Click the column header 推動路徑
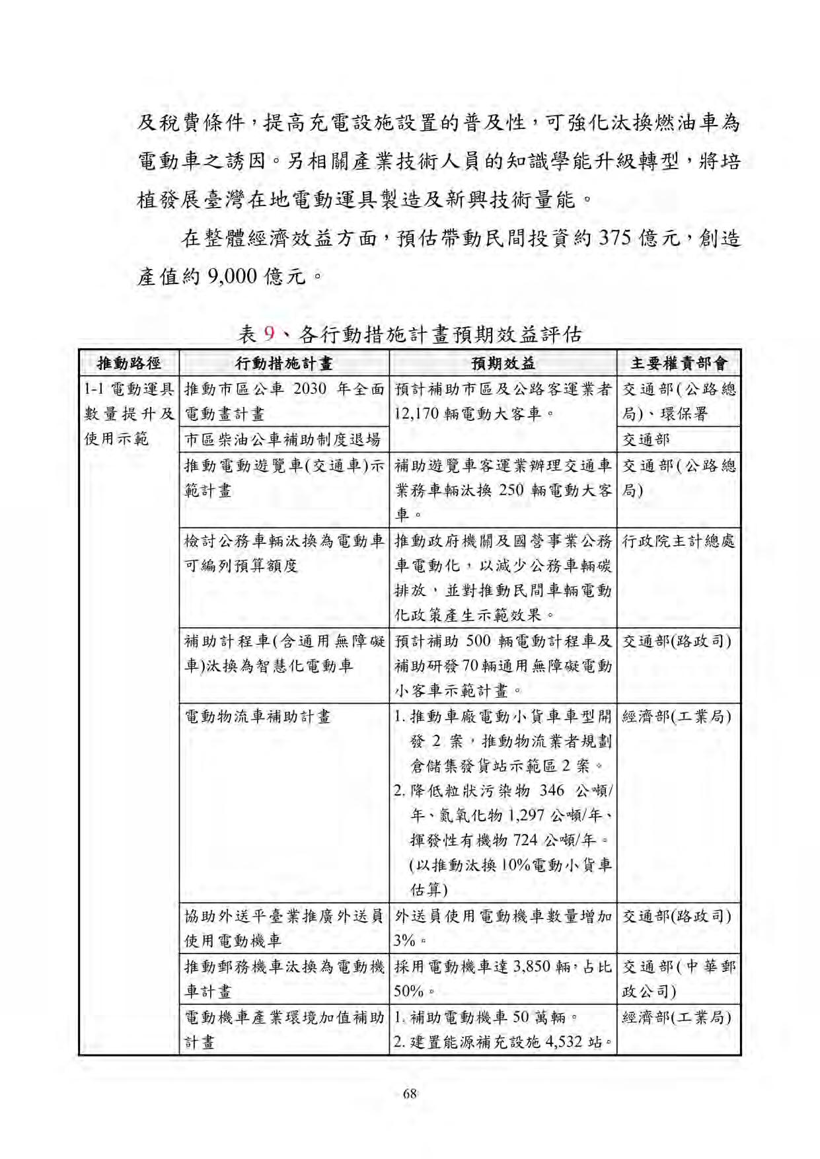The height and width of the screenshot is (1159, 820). click(129, 363)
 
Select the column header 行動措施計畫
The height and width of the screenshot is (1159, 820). click(284, 363)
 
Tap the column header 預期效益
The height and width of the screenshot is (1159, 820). click(503, 363)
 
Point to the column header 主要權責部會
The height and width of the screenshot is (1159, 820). click(679, 363)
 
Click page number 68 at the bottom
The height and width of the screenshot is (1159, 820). click(410, 1094)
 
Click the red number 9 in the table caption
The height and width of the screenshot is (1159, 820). click(268, 334)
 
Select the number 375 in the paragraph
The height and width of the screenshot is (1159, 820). click(615, 238)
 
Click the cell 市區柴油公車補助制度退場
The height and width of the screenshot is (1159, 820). click(283, 439)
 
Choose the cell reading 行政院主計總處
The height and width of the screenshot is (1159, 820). click(678, 541)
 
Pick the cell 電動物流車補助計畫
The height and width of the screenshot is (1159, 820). click(257, 716)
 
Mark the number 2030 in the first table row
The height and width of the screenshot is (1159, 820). click(309, 389)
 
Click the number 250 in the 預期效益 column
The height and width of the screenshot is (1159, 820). click(511, 490)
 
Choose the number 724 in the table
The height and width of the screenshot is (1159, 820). click(525, 841)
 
